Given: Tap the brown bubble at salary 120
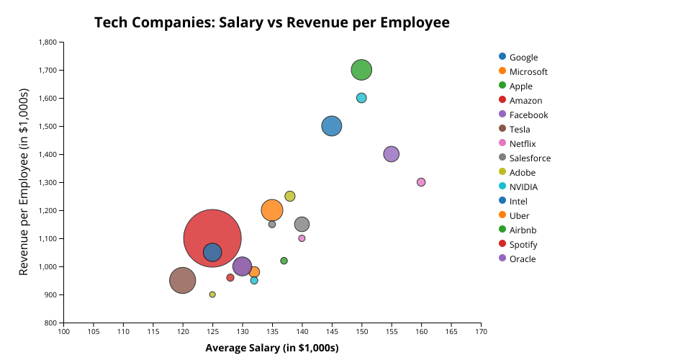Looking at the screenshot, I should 183,280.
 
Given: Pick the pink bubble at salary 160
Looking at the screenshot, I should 421,182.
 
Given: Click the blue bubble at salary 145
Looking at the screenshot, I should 331,126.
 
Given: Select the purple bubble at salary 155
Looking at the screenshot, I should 392,154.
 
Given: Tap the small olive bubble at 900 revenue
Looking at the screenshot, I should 212,294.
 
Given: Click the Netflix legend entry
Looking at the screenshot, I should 523,144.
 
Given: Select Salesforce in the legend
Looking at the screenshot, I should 530,158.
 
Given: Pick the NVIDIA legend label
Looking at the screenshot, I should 523,187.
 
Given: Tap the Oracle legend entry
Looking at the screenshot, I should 522,259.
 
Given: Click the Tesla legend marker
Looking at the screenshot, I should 502,129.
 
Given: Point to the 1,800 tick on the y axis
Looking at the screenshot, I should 48,42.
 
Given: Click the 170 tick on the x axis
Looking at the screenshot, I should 481,331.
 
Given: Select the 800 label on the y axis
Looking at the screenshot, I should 50,323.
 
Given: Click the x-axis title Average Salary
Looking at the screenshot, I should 272,348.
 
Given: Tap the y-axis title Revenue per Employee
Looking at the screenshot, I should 24,182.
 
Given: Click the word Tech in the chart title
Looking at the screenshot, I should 109,23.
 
